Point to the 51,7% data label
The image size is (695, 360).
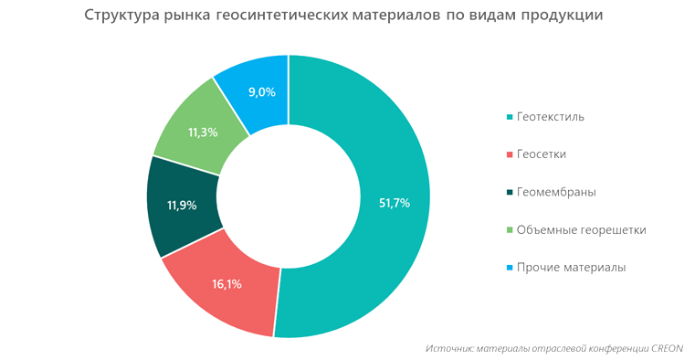point(394,203)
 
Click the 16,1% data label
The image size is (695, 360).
point(226,284)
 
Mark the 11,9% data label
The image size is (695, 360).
point(181,206)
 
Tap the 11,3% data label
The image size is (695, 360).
point(202,132)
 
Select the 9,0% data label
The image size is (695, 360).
point(262,91)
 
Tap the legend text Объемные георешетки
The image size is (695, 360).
point(581,230)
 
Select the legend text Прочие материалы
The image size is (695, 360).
point(570,268)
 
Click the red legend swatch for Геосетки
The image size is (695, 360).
point(508,155)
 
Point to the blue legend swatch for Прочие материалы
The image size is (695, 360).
point(508,268)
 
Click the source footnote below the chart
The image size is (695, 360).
point(554,348)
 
